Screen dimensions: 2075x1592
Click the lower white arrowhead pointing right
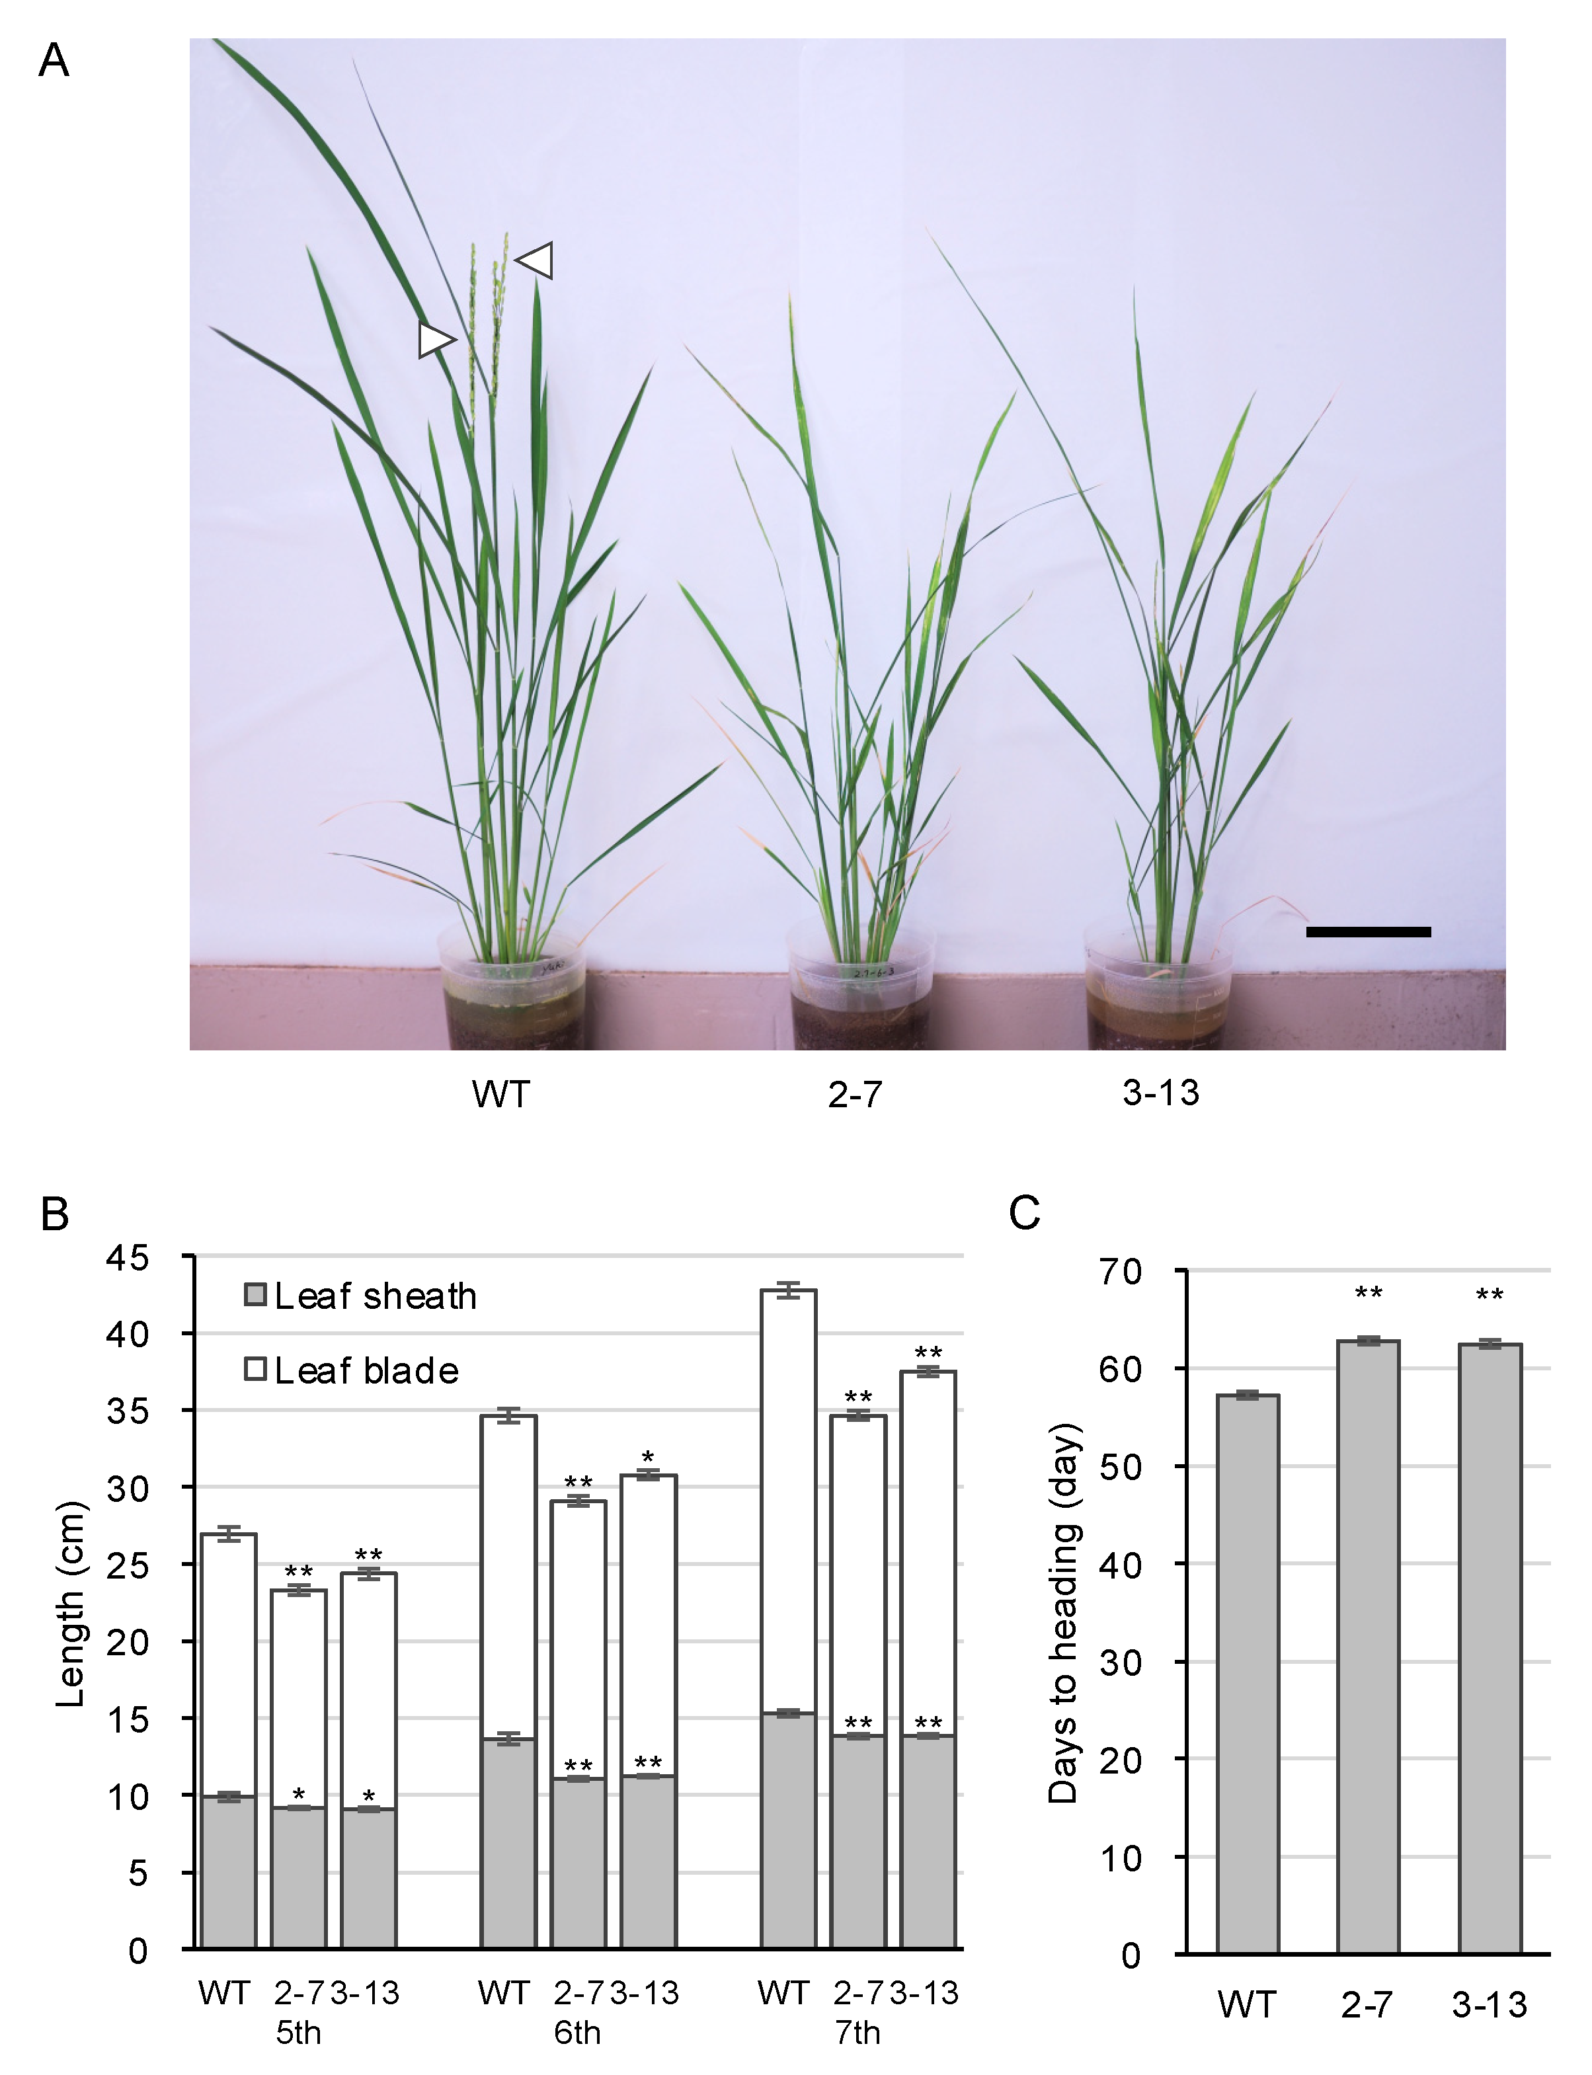tap(436, 339)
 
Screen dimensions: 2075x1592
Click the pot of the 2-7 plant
tap(860, 995)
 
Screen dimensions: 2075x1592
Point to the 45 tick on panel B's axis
tap(128, 1258)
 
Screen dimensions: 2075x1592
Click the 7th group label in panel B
tap(857, 2032)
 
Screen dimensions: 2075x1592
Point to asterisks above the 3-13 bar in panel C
tap(1489, 1294)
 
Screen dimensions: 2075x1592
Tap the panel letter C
tap(1024, 1213)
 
